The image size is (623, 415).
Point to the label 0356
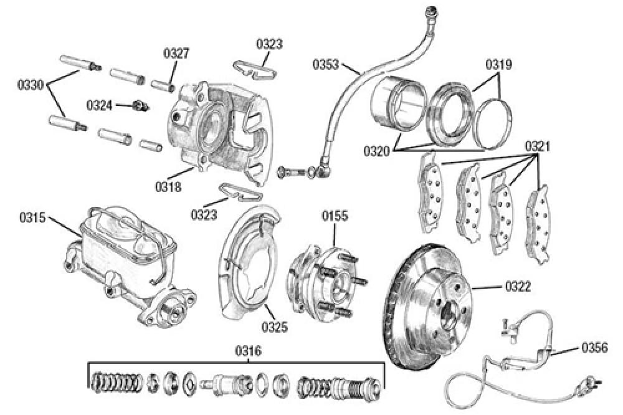pos(596,348)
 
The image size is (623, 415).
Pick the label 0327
pos(176,54)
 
